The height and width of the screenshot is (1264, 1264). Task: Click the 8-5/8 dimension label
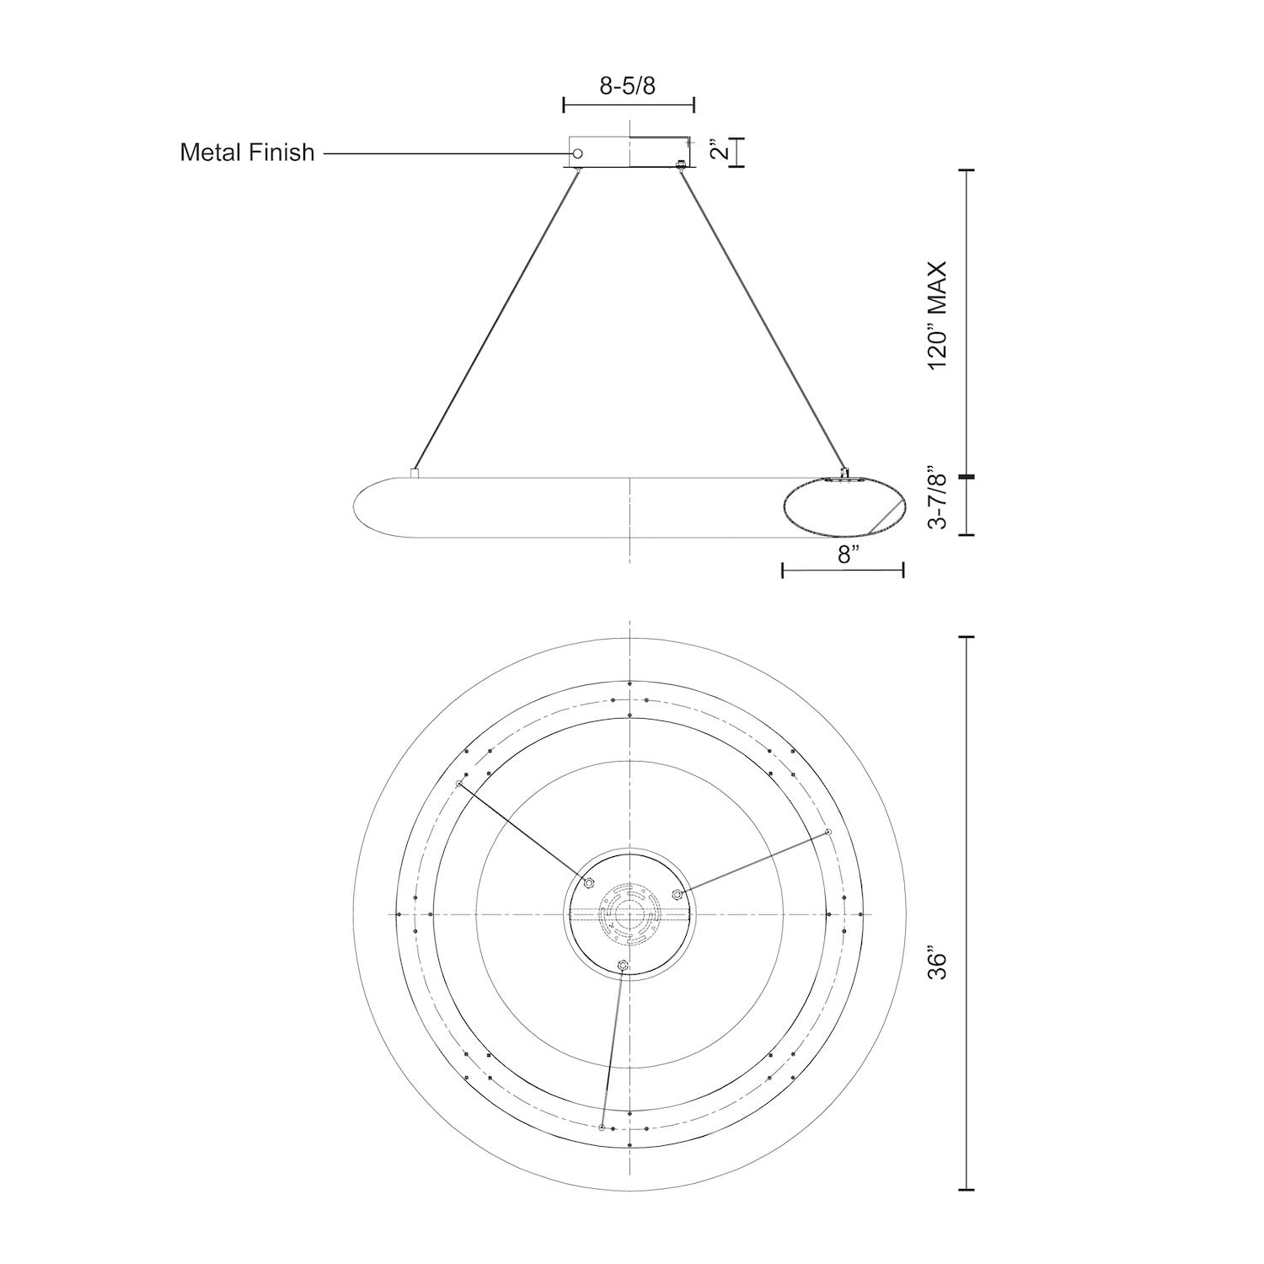click(627, 86)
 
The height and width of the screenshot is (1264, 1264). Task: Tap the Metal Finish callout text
click(247, 153)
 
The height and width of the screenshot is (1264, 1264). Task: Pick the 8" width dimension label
click(849, 554)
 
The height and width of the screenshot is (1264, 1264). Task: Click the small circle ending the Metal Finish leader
click(577, 154)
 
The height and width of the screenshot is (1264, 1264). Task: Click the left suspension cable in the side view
click(497, 321)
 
